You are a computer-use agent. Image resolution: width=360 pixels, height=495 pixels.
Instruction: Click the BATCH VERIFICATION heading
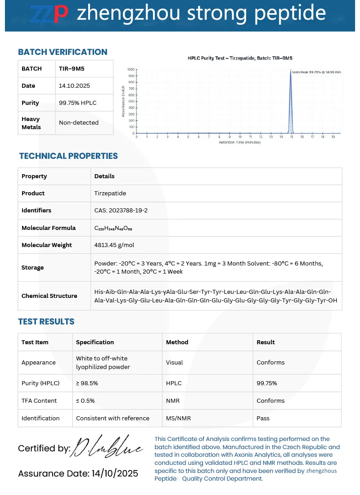(x=63, y=52)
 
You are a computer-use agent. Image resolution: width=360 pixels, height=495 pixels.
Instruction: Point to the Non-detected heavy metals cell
(x=79, y=122)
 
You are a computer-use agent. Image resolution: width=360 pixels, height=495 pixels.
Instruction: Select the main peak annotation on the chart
(x=316, y=72)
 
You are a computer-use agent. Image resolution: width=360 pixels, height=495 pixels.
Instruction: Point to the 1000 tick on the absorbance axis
(x=130, y=70)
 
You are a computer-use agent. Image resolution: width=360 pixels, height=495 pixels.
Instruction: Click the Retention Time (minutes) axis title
(x=239, y=142)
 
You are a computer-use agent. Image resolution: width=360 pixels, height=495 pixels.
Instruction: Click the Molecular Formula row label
(x=49, y=228)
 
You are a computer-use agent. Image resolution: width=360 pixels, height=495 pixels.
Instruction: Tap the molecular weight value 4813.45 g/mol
(x=114, y=245)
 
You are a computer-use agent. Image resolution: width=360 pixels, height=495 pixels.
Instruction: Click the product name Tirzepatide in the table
(x=110, y=193)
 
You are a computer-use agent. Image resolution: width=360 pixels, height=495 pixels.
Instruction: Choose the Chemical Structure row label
(x=49, y=296)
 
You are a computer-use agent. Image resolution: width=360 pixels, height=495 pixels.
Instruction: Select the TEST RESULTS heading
(x=46, y=322)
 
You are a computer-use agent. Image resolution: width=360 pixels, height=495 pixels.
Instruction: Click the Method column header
(x=177, y=342)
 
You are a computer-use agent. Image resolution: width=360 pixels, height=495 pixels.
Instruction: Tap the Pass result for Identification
(x=263, y=418)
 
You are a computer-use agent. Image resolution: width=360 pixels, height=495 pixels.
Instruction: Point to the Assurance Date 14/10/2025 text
(x=78, y=473)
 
